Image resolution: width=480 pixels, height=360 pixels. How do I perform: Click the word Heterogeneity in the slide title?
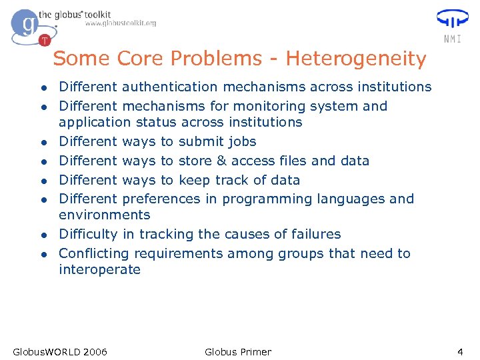click(x=355, y=59)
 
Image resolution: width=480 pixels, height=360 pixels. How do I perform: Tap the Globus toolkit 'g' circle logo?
click(x=27, y=26)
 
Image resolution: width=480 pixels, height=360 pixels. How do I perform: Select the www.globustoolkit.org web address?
click(x=120, y=23)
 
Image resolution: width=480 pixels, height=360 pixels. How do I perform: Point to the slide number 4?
click(x=459, y=351)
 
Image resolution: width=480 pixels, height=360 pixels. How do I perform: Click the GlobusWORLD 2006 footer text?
click(x=60, y=351)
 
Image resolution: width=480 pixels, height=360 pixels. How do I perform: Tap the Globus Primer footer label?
click(x=238, y=351)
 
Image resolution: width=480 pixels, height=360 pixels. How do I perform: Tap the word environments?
click(x=105, y=215)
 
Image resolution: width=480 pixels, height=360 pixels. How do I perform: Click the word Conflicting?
click(x=94, y=253)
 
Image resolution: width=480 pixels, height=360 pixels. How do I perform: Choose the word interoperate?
click(x=100, y=269)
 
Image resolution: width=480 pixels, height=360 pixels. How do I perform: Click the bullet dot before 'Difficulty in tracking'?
click(x=43, y=235)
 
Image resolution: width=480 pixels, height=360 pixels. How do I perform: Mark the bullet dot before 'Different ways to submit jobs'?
click(x=43, y=143)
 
